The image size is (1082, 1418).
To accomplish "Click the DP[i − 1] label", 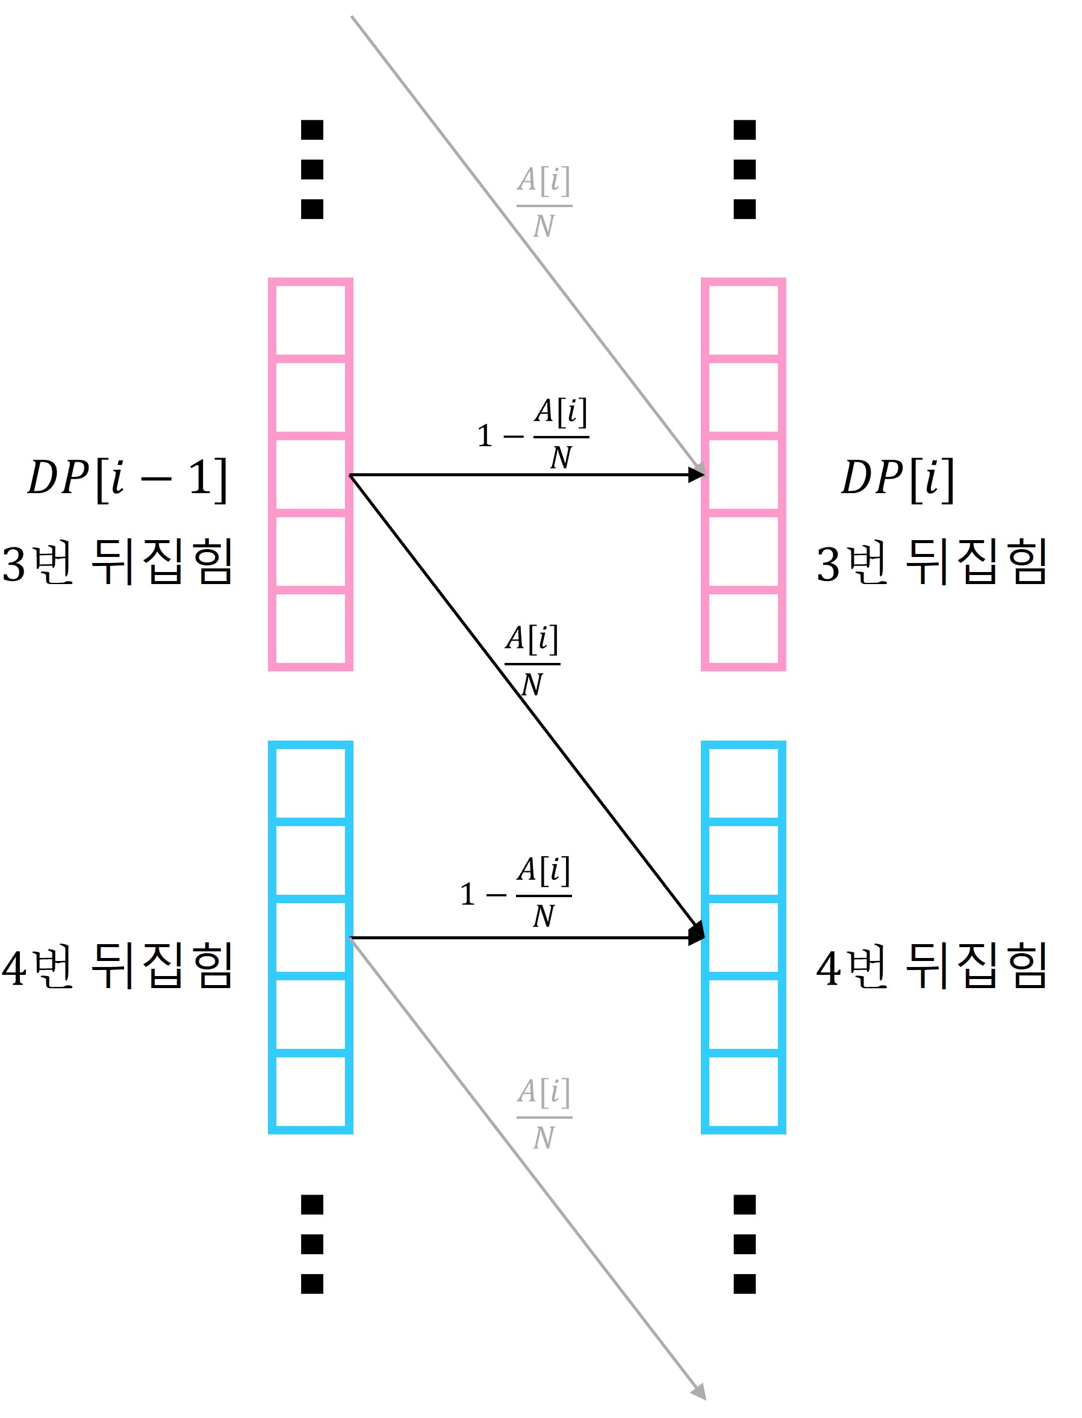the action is [x=128, y=479].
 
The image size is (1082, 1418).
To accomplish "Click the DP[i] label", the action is [x=897, y=479].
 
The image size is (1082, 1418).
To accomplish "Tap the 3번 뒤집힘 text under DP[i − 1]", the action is [x=117, y=562].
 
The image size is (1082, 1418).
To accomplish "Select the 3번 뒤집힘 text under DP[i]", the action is [x=931, y=562].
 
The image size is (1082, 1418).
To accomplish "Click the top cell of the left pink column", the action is [x=311, y=320].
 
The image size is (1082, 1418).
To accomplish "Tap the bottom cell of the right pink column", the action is [x=743, y=629].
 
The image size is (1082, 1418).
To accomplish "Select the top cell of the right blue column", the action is [x=743, y=783].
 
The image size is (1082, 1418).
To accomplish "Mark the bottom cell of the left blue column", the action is [x=311, y=1092].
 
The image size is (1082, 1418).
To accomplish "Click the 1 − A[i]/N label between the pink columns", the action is [x=533, y=435].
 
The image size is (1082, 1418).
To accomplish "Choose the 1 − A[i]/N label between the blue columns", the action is [x=515, y=893].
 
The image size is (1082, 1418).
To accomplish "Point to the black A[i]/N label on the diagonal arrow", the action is [x=532, y=661].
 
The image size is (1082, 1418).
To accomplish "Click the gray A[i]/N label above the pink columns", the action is [x=544, y=203].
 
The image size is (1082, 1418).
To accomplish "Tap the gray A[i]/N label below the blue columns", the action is [x=544, y=1115].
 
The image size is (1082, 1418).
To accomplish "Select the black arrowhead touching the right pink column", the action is [x=696, y=475].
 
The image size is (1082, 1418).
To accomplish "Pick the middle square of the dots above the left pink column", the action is [x=312, y=170].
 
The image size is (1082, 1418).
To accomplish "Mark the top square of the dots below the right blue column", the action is [x=745, y=1204].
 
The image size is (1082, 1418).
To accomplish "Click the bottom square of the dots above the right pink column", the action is [x=745, y=210].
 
